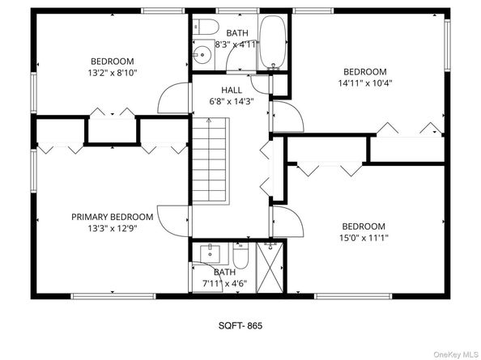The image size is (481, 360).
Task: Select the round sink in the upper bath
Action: (x=202, y=56)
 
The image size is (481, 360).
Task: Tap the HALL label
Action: (x=231, y=90)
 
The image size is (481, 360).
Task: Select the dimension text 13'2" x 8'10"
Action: (x=113, y=73)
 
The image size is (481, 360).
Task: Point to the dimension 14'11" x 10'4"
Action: (x=364, y=83)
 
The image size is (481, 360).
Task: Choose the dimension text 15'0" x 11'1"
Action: (x=364, y=238)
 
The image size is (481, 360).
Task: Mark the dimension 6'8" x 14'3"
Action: (x=231, y=101)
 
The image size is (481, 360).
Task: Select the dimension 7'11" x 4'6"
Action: (x=224, y=284)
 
